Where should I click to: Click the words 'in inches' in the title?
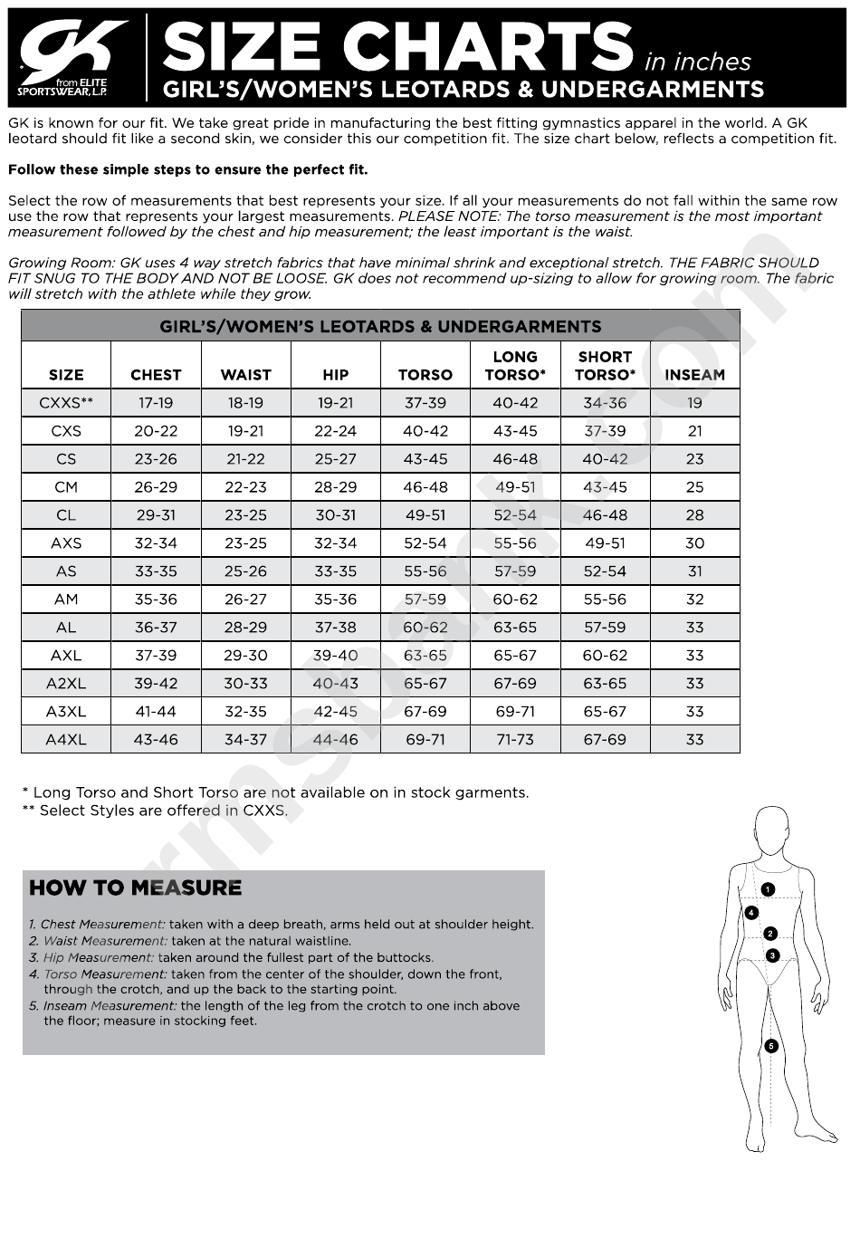pyautogui.click(x=697, y=62)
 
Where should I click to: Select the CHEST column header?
pyautogui.click(x=156, y=374)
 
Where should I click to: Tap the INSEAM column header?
pyautogui.click(x=694, y=374)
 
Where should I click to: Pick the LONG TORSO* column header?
pyautogui.click(x=515, y=366)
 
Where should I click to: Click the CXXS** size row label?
pyautogui.click(x=66, y=403)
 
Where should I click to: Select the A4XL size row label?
pyautogui.click(x=66, y=740)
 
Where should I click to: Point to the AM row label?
pyautogui.click(x=66, y=600)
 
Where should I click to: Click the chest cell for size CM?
pyautogui.click(x=156, y=487)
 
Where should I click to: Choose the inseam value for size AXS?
pyautogui.click(x=694, y=543)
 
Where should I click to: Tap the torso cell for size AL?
pyautogui.click(x=425, y=628)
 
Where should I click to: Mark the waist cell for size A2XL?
pyautogui.click(x=245, y=684)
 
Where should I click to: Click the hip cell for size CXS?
pyautogui.click(x=335, y=431)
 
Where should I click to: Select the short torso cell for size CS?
pyautogui.click(x=605, y=459)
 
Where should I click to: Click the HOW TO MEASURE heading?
pyautogui.click(x=136, y=888)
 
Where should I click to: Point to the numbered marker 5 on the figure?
pyautogui.click(x=771, y=1046)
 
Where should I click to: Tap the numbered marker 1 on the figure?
pyautogui.click(x=768, y=889)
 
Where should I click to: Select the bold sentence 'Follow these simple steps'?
pyautogui.click(x=188, y=169)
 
